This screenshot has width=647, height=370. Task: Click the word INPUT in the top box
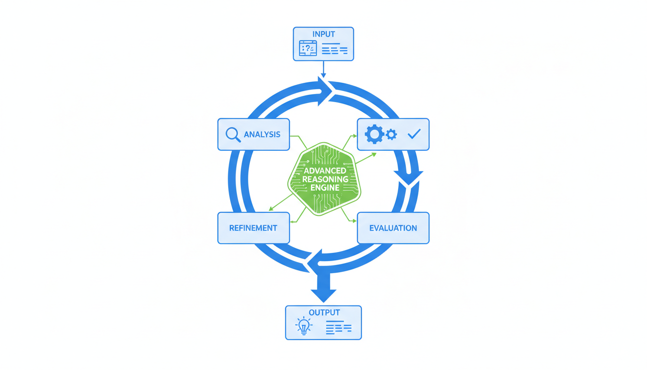323,34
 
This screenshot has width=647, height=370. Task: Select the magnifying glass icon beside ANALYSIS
233,134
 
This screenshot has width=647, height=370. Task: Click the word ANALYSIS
262,134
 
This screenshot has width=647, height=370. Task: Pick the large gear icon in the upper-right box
374,134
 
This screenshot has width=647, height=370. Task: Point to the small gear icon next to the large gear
391,134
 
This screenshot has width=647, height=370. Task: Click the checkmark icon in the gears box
414,134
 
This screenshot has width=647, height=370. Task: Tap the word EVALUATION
393,228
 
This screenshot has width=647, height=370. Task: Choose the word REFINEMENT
253,228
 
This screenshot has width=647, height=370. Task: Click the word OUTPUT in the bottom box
324,313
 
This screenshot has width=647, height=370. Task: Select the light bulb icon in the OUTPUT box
303,327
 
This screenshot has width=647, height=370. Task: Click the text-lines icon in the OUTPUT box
338,328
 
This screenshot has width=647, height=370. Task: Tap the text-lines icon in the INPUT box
334,49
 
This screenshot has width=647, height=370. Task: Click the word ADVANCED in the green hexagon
324,171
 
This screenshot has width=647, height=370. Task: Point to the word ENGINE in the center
324,187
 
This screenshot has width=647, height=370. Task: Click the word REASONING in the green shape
324,179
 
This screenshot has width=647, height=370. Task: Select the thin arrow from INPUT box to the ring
323,68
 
